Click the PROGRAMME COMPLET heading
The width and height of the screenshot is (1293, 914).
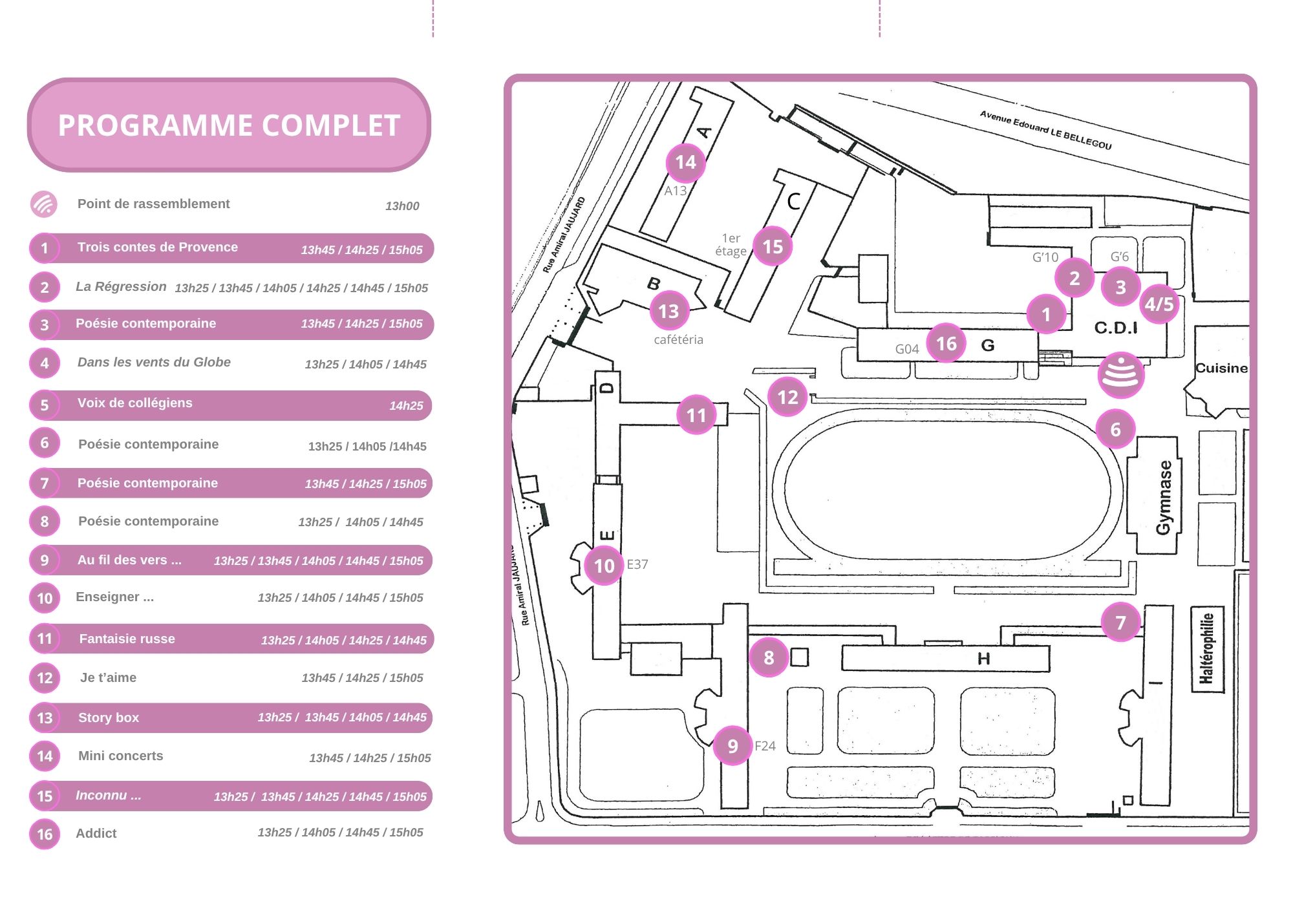pos(229,125)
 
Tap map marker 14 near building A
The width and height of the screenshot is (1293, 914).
pos(685,162)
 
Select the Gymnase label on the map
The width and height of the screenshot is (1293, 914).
pos(1164,497)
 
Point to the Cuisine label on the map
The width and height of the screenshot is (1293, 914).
pos(1221,368)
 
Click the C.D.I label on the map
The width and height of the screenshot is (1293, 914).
pos(1116,328)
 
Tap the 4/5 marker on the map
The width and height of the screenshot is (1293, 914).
pos(1159,304)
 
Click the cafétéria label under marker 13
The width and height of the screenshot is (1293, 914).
pos(678,340)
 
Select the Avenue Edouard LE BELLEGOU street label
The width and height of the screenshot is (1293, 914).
pos(1045,130)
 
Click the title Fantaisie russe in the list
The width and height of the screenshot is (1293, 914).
pos(127,639)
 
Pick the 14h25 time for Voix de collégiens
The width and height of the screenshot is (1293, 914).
pos(406,406)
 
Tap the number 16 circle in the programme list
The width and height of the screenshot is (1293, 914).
pos(45,834)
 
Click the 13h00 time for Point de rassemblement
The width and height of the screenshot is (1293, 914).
pos(402,206)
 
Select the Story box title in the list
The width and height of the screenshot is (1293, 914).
pos(109,717)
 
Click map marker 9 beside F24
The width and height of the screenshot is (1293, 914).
pos(732,746)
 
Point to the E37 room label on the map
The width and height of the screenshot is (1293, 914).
pos(637,564)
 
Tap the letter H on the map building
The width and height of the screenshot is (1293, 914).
pos(983,659)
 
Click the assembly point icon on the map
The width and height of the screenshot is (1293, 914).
pos(1120,376)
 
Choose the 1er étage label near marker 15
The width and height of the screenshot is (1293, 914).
pos(731,245)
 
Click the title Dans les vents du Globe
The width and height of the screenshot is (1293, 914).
pos(154,362)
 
